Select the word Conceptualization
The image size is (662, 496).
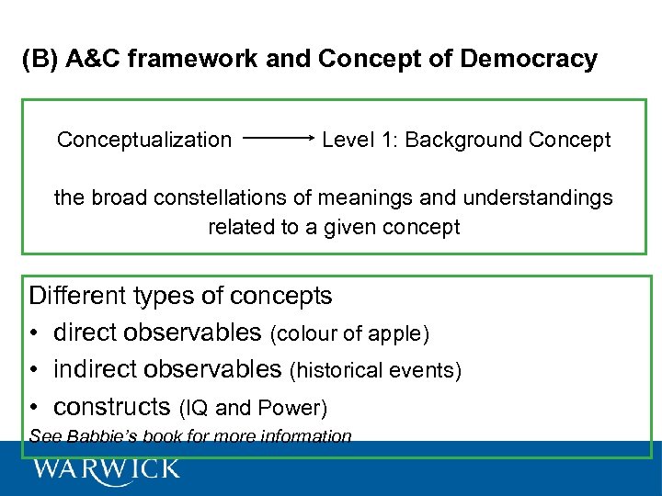click(x=144, y=140)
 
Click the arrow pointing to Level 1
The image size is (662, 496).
click(x=280, y=140)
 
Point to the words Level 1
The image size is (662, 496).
click(x=359, y=140)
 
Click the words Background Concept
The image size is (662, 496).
click(x=508, y=140)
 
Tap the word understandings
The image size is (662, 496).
click(x=537, y=197)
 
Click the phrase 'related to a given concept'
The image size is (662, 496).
click(x=334, y=227)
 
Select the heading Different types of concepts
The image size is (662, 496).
click(x=181, y=296)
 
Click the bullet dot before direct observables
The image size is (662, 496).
click(x=35, y=333)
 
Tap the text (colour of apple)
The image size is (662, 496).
click(x=349, y=334)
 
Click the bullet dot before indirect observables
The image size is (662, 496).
click(x=35, y=370)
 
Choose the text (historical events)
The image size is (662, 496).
click(x=375, y=371)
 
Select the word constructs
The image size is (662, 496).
click(x=112, y=407)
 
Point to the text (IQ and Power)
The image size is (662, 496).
click(x=253, y=408)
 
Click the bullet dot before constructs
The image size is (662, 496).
click(x=35, y=407)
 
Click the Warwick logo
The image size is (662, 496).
click(x=106, y=469)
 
